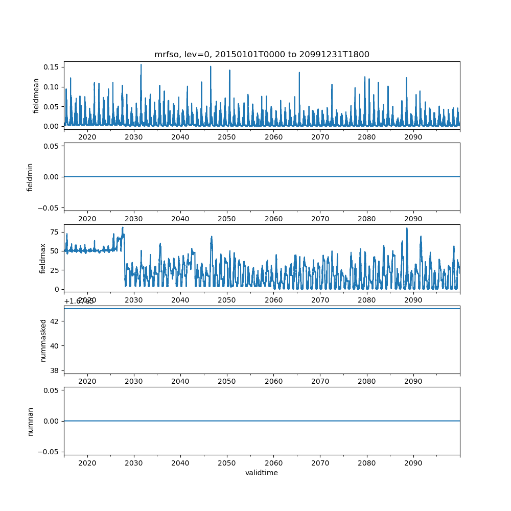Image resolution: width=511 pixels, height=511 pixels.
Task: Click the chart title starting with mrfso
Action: (262, 54)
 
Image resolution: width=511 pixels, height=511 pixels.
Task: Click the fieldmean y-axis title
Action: (36, 96)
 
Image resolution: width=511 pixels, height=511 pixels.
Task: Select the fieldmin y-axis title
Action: (30, 177)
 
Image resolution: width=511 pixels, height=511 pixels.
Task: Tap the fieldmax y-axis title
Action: (43, 258)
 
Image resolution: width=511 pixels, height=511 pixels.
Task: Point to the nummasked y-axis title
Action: (43, 340)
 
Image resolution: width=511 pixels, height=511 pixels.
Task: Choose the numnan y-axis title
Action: (30, 421)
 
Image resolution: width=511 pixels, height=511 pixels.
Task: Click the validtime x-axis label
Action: (262, 473)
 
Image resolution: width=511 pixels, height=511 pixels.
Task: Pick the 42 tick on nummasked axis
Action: (56, 321)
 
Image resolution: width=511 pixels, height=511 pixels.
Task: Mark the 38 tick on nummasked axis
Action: (56, 370)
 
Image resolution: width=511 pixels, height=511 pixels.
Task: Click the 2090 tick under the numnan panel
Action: (413, 462)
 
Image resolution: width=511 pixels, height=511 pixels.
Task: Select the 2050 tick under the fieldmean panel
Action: (227, 137)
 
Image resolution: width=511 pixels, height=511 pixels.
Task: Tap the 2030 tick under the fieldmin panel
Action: (134, 219)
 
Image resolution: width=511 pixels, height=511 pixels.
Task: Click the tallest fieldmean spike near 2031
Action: (141, 65)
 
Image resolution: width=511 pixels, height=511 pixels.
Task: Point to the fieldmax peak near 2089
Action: (407, 228)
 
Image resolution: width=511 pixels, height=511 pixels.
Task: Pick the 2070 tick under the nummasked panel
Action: (320, 381)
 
